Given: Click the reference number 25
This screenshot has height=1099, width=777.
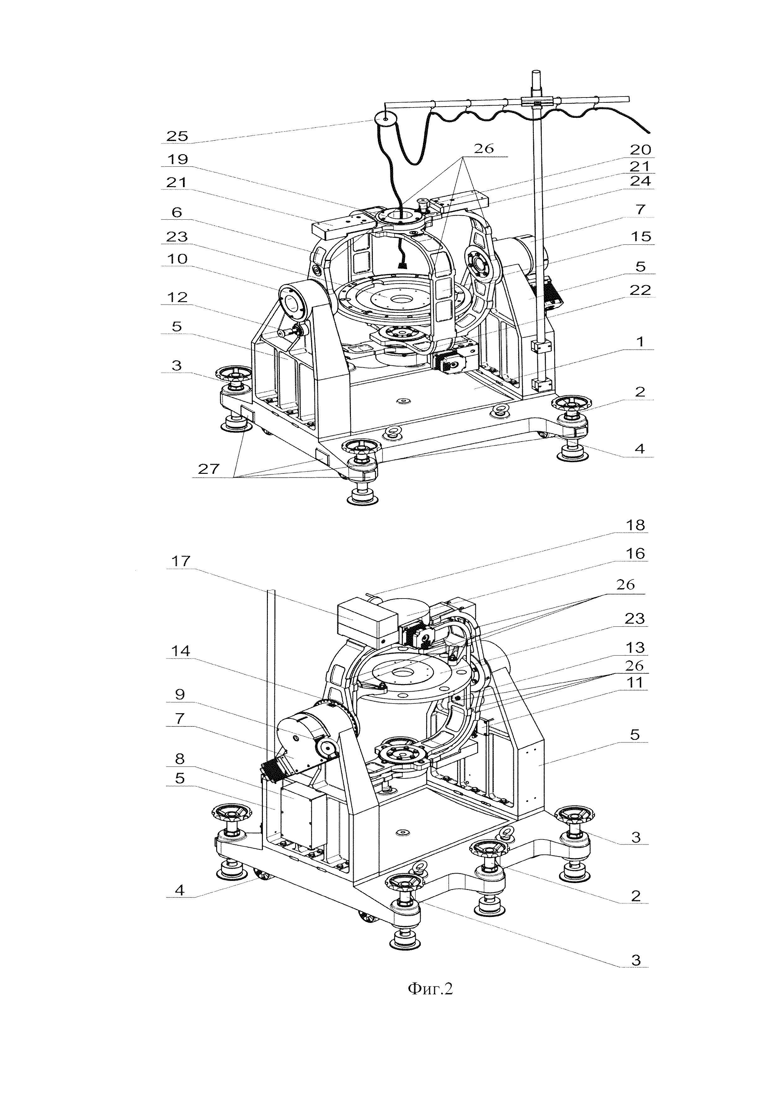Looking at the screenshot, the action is coord(177,136).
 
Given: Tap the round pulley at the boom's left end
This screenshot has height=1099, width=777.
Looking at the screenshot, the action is coord(385,117).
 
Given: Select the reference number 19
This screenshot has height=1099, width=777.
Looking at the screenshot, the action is coord(177,160).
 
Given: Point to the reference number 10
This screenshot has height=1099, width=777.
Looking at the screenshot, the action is coord(177,259).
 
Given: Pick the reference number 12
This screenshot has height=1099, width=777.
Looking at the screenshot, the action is coord(177,297).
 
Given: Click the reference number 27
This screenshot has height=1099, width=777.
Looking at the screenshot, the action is coord(209,468).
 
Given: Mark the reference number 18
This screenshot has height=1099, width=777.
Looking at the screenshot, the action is coord(635,525).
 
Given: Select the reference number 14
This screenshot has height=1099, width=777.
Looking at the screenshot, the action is coord(180,651).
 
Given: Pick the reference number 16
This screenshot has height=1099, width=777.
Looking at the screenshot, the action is coord(635,553).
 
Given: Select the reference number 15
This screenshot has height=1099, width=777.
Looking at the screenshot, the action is coord(641,236).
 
